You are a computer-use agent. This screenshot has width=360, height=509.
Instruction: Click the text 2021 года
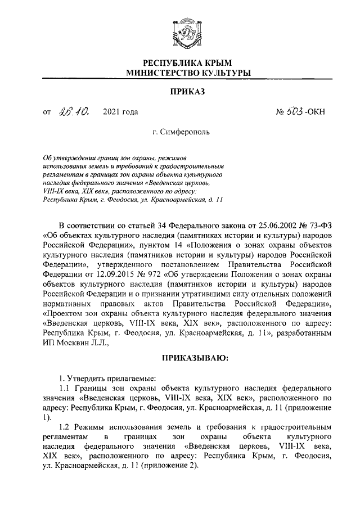tap(120, 112)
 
